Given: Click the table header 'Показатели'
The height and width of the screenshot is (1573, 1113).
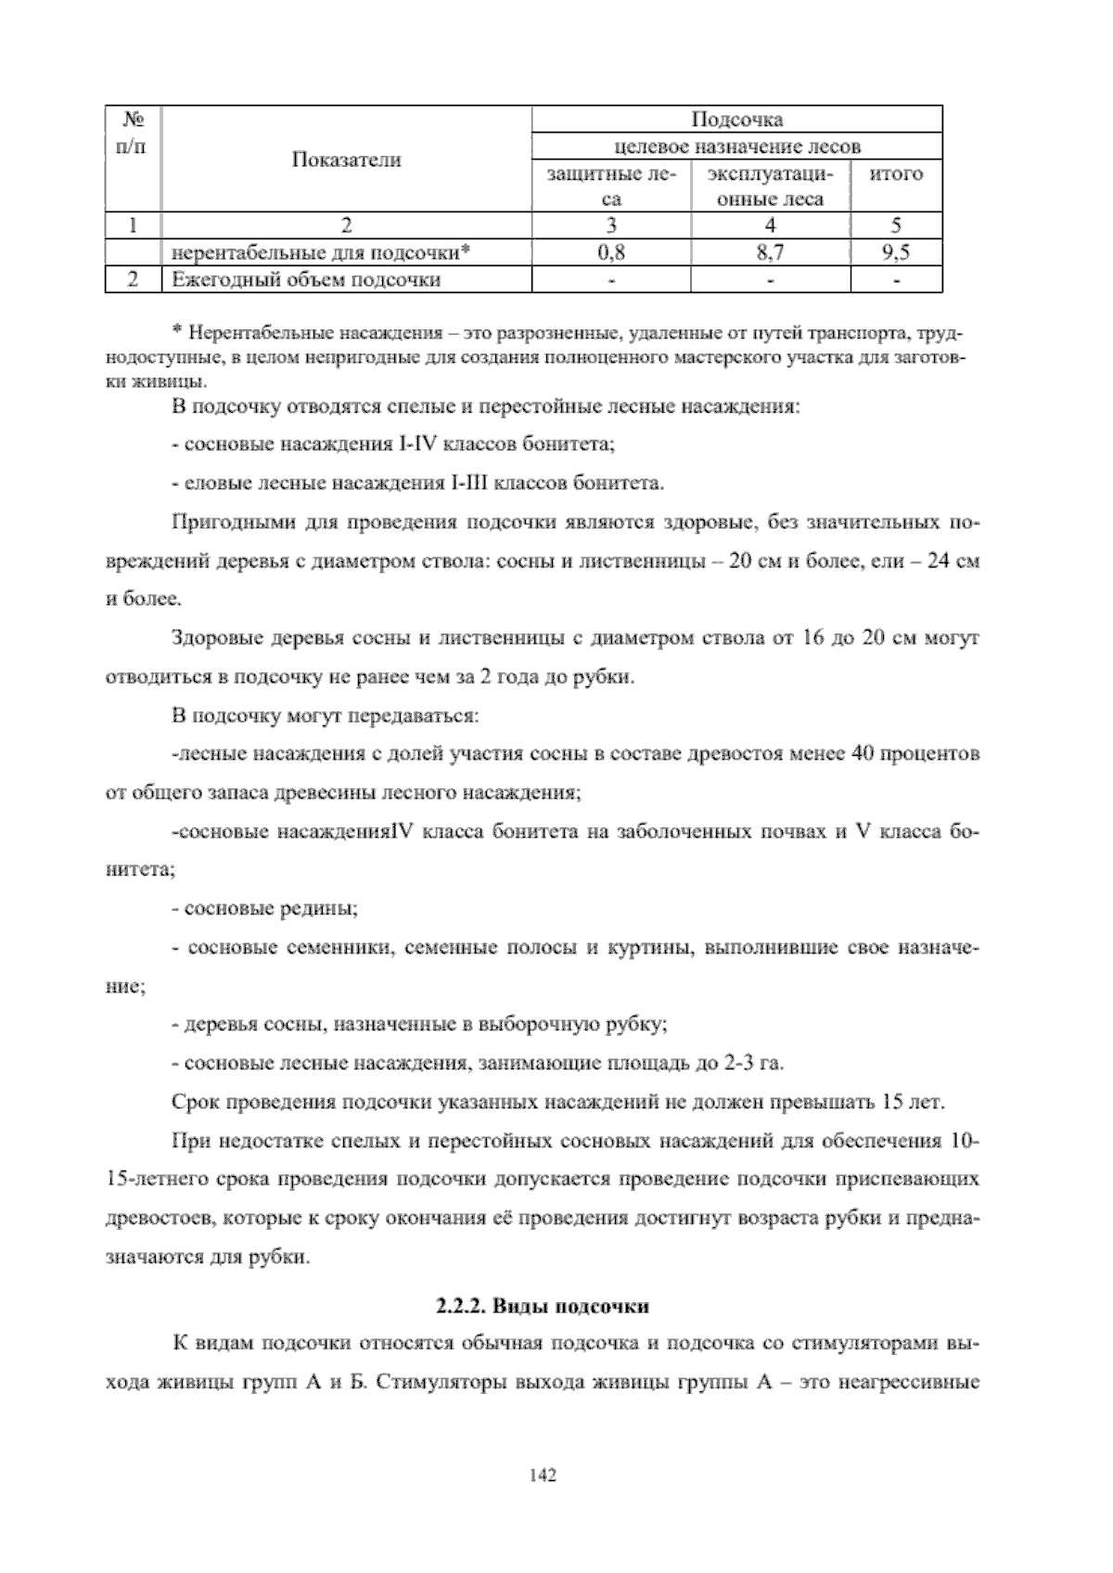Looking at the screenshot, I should coord(347,160).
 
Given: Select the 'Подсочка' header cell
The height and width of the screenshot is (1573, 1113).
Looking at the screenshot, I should coord(737,120).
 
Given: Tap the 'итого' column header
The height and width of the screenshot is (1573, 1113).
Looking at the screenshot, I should coord(896,173).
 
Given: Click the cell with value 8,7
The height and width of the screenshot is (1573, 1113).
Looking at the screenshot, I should coord(770,251).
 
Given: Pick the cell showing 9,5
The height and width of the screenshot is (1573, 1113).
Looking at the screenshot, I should coord(896,251).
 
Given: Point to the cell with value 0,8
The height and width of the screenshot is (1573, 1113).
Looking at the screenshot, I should coord(611,251).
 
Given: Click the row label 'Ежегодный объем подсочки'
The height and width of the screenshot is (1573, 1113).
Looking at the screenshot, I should coord(303,278).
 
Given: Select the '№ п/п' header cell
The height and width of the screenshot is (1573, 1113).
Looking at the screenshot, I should coord(133,133).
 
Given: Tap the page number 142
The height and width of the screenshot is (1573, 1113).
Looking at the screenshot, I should coord(542,1476).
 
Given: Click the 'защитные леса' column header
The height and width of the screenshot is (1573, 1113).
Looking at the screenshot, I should coord(611,185).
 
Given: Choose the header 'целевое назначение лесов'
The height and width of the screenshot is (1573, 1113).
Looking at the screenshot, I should coord(737,147).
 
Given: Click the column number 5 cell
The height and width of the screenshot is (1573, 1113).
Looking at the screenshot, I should coord(896,224).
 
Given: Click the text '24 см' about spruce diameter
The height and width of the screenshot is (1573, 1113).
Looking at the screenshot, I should coord(955,562).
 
